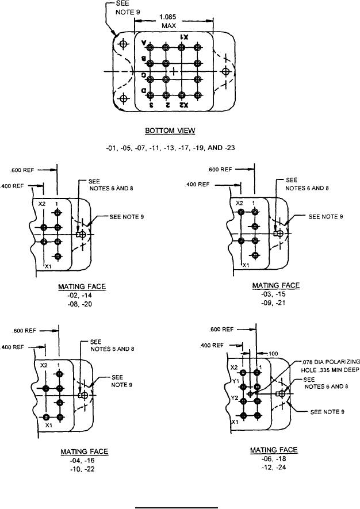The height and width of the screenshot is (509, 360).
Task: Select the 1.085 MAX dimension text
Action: pos(173,22)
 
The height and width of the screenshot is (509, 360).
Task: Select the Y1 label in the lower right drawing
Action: pos(234,380)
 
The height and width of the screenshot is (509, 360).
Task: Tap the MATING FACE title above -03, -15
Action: pos(276,286)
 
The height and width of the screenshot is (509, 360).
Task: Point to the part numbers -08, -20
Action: pos(82,303)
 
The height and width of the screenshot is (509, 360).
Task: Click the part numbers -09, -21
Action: pos(276,303)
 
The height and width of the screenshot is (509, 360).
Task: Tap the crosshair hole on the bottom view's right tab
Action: pos(225,71)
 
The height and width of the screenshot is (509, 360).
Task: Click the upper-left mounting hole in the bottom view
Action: pos(122,44)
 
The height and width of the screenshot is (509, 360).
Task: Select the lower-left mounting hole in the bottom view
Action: pos(122,99)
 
